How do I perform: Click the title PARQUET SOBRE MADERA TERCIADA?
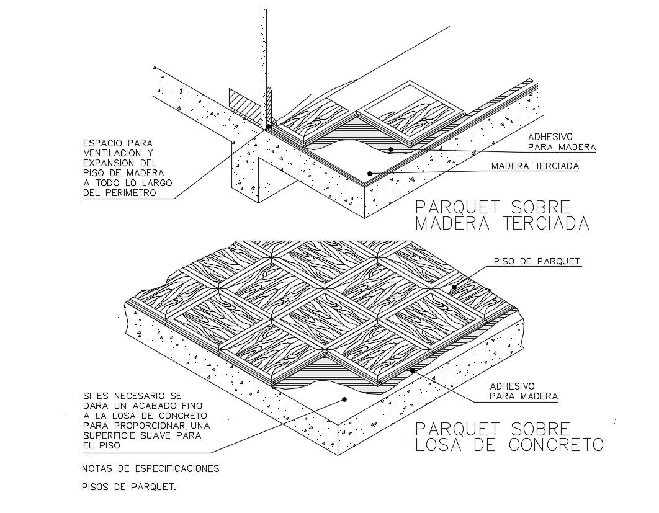(x=501, y=215)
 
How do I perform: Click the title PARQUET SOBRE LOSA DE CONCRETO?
(x=509, y=437)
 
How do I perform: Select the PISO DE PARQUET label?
(x=537, y=262)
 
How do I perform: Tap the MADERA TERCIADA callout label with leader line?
(x=534, y=166)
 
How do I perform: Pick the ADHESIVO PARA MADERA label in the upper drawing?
(x=562, y=141)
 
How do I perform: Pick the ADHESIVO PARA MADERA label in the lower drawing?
(x=524, y=390)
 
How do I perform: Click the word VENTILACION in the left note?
(x=119, y=153)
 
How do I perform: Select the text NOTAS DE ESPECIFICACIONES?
(x=150, y=468)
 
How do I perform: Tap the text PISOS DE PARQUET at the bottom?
(x=129, y=487)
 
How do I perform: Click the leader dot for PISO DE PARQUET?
(x=454, y=287)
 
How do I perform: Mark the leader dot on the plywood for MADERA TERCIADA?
(x=369, y=173)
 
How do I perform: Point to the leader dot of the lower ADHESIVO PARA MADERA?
(x=412, y=370)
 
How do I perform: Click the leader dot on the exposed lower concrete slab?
(x=343, y=400)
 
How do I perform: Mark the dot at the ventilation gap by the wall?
(x=268, y=127)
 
